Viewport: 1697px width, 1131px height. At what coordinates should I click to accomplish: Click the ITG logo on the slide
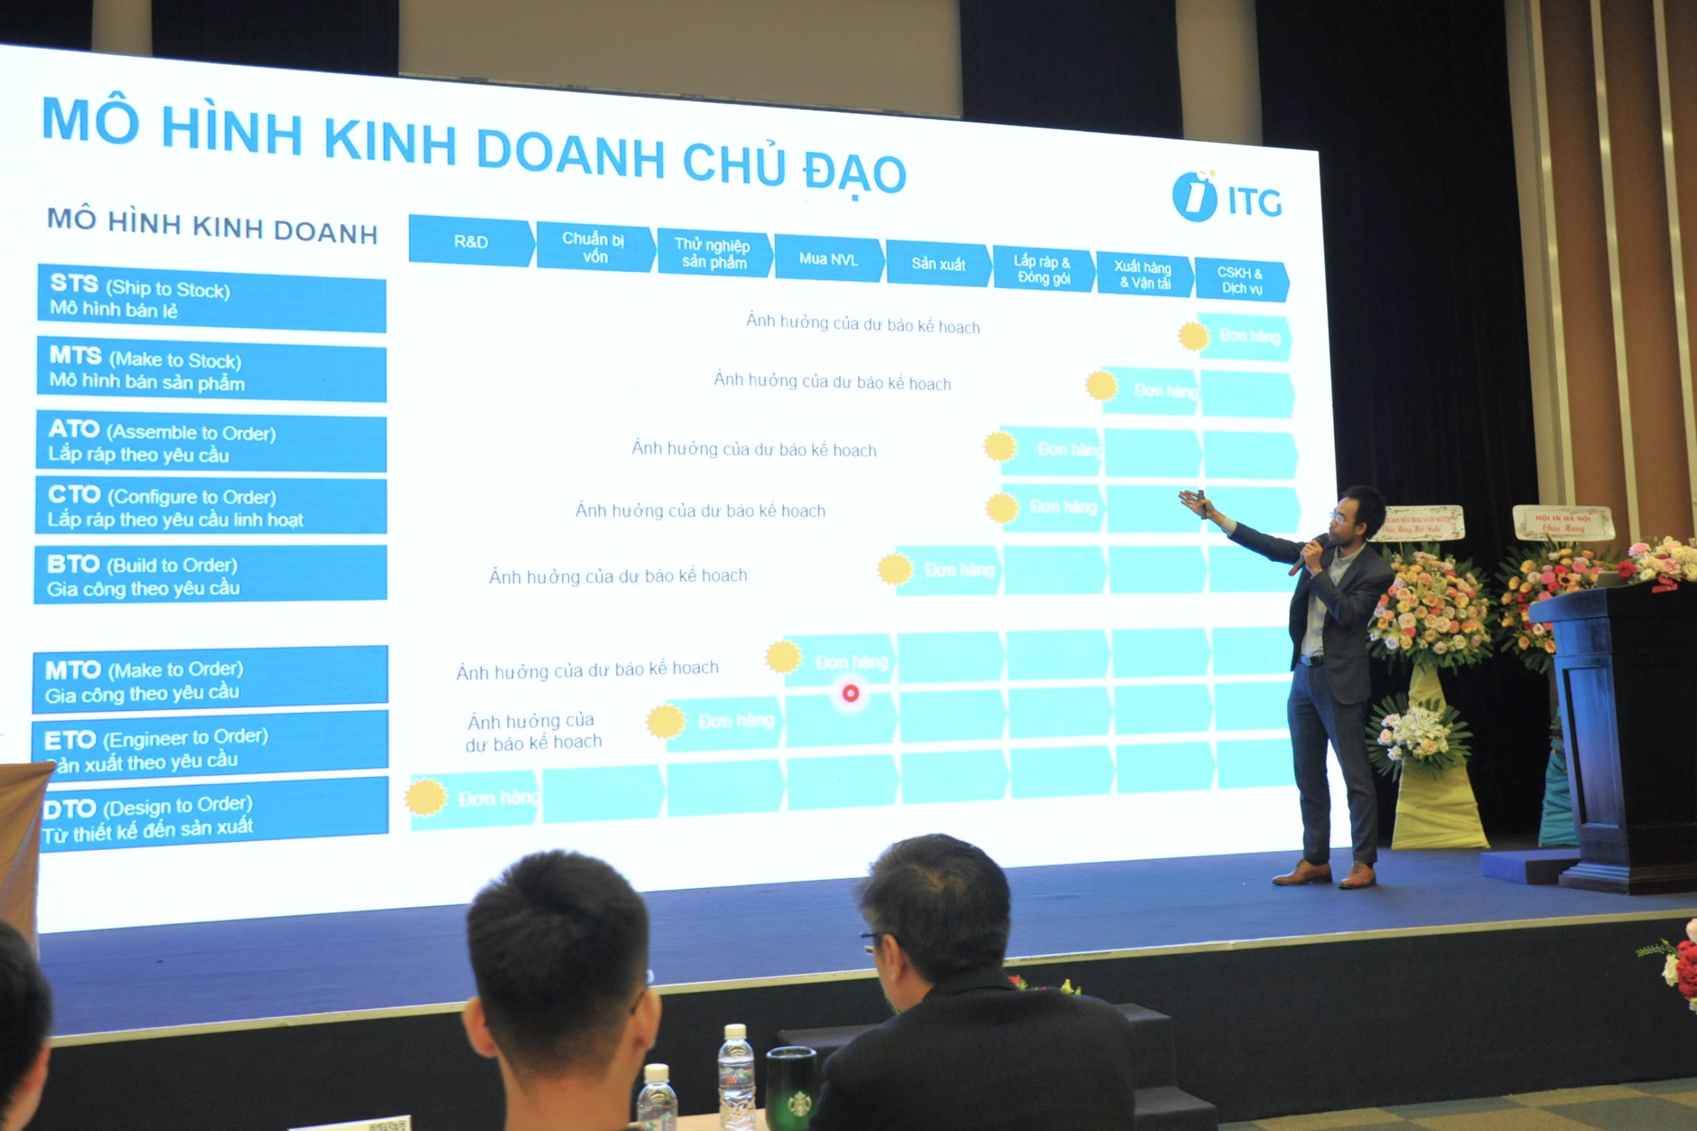1226,197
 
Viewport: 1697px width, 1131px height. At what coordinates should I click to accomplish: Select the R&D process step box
471,241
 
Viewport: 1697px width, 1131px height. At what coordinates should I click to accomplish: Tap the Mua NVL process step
829,258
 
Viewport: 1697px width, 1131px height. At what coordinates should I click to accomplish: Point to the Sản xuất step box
938,264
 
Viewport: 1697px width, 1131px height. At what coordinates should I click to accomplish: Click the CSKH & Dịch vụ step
1240,280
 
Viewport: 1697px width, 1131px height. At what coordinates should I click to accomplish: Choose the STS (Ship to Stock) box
211,298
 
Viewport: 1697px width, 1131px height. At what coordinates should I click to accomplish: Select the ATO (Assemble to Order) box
211,442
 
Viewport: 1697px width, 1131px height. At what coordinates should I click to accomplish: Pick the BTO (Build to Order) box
211,575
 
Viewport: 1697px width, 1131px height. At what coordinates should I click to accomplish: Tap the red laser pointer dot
850,693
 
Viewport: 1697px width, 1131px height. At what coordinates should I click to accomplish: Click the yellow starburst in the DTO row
426,797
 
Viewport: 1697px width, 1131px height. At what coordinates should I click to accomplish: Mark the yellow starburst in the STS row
1193,336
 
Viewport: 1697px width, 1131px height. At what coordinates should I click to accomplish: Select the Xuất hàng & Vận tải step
1144,275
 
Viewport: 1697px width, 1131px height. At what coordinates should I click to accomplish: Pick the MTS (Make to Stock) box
211,370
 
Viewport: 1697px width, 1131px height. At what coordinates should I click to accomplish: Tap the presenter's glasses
1339,516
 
